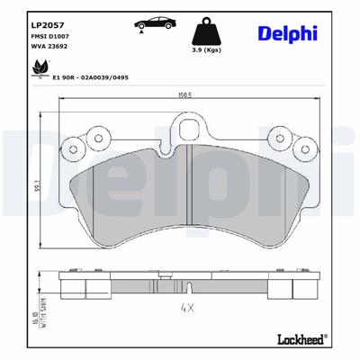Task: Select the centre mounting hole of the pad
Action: pyautogui.click(x=186, y=133)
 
